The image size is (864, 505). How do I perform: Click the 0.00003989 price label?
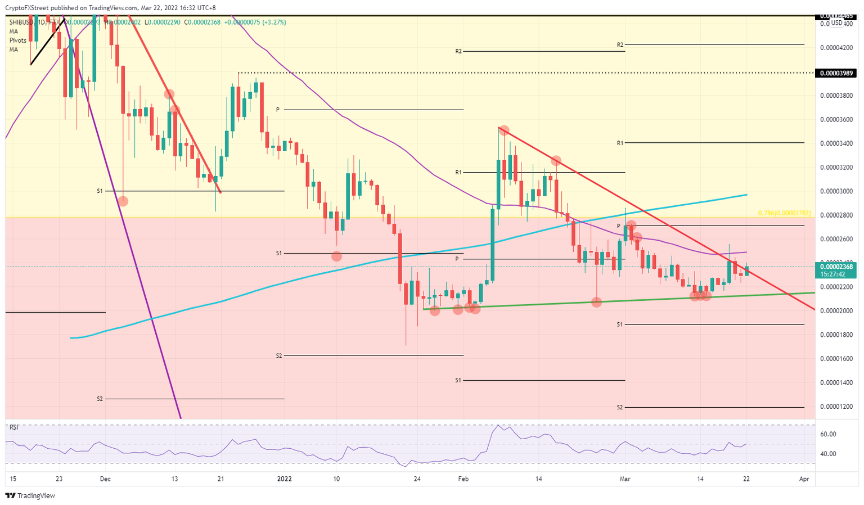(x=836, y=73)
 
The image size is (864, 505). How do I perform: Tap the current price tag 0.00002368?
(x=836, y=267)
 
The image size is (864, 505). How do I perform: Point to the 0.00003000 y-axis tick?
(x=836, y=191)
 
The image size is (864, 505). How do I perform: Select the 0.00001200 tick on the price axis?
(x=836, y=407)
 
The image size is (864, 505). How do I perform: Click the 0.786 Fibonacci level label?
(x=784, y=213)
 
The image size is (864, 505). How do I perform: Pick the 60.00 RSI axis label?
(x=828, y=434)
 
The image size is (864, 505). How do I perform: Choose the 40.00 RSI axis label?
(x=828, y=454)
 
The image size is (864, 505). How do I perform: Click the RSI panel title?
(x=14, y=427)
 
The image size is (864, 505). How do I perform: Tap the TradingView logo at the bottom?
(x=31, y=495)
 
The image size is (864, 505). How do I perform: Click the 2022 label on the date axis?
(x=285, y=479)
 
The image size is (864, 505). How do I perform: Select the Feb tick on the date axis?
(x=463, y=479)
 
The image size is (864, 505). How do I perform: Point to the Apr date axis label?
(x=804, y=479)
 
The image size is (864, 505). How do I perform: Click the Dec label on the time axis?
(x=105, y=479)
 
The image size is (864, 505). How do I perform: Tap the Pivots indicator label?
(x=18, y=40)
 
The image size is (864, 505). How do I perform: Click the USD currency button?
(x=837, y=22)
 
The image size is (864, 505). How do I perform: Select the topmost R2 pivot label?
(x=620, y=44)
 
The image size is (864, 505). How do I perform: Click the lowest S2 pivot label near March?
(x=620, y=407)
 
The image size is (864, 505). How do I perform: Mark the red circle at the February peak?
(x=504, y=130)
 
